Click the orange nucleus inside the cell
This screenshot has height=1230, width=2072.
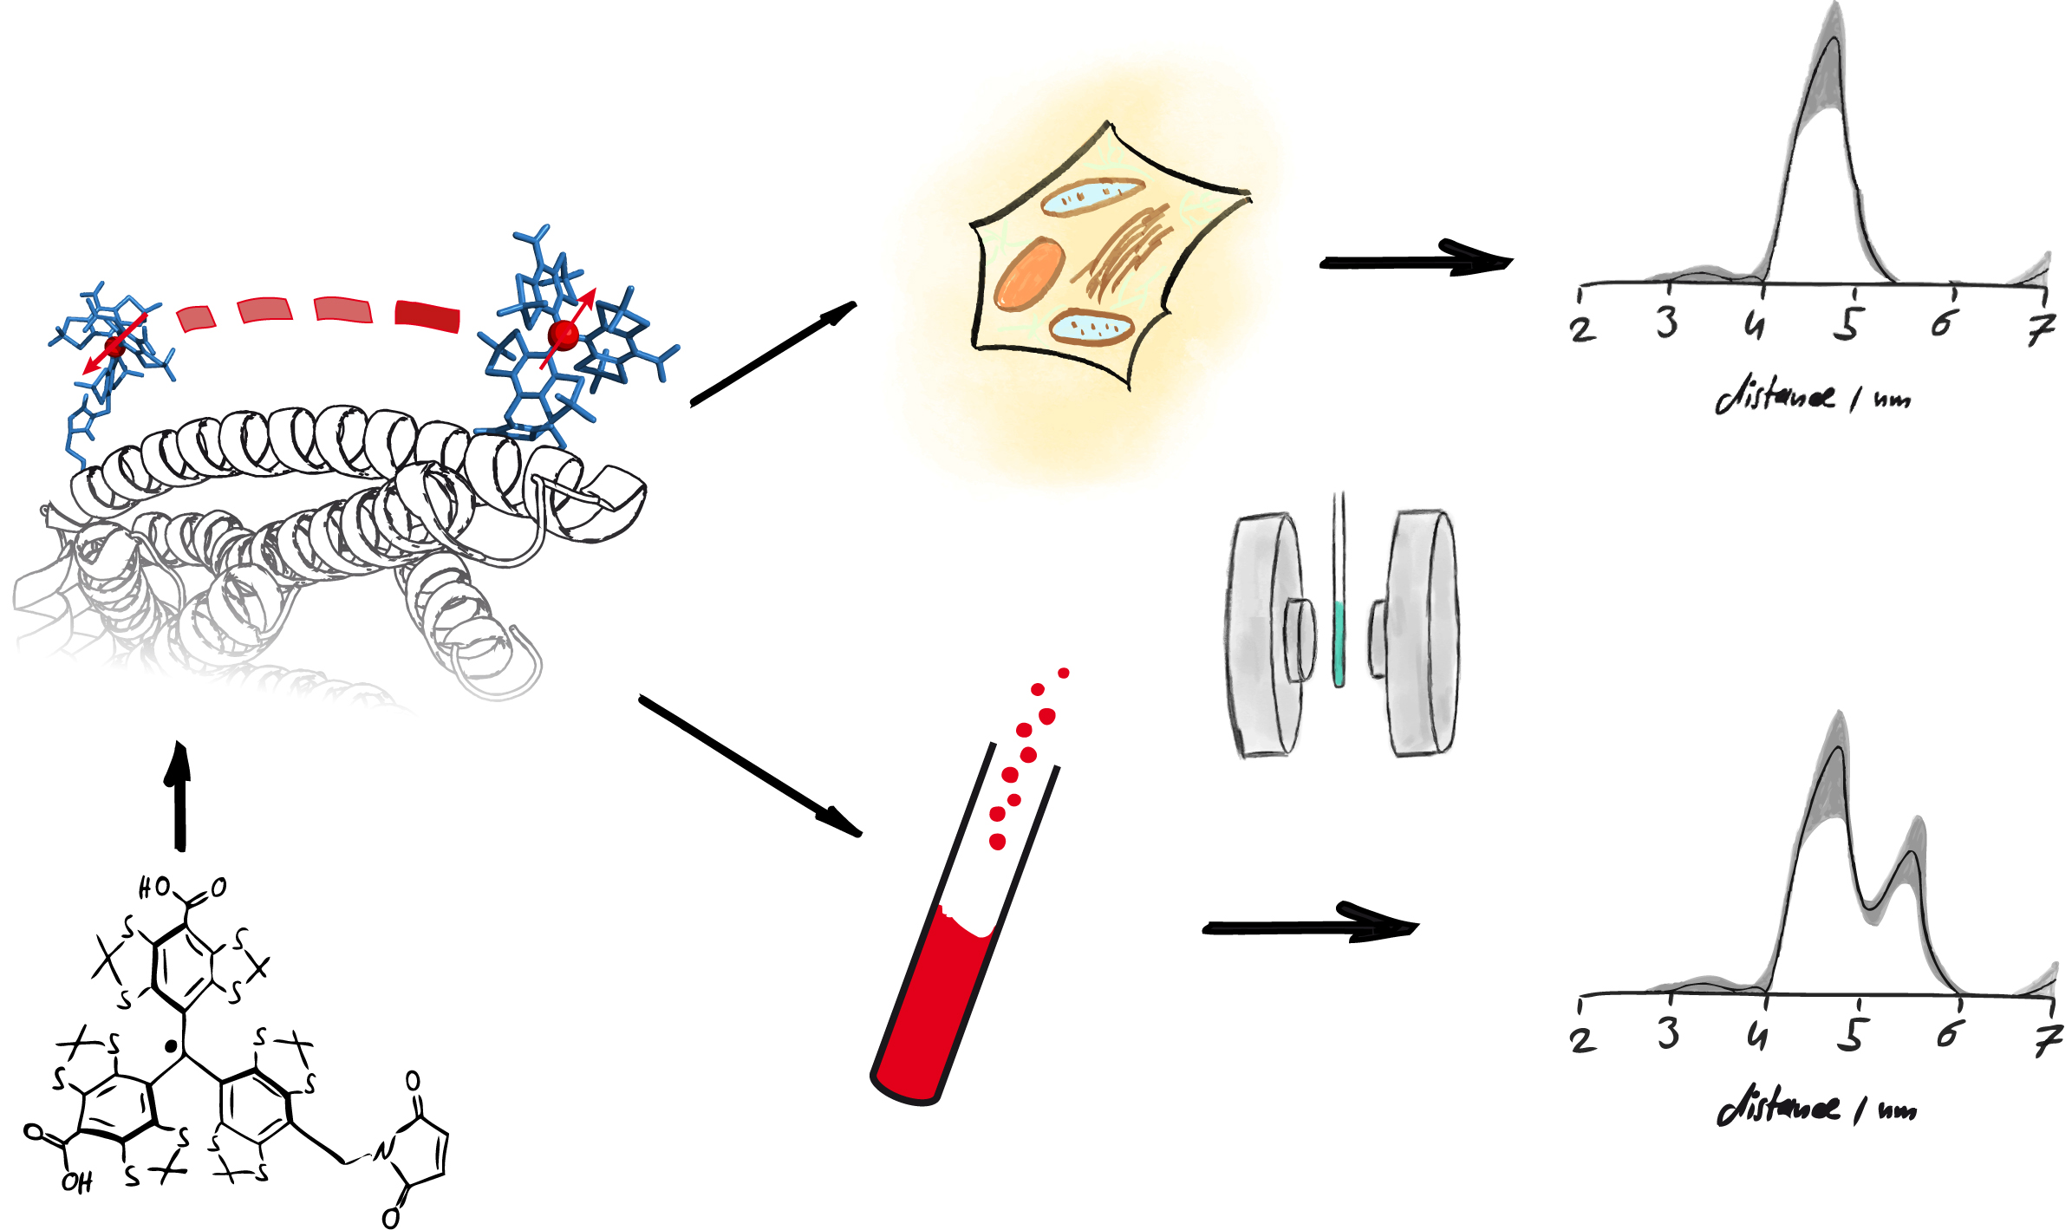1029,274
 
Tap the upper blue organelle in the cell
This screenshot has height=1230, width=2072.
1091,197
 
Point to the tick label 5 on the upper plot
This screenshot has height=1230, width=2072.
1848,324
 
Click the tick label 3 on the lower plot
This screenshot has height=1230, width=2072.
1668,1033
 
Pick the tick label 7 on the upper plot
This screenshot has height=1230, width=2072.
2042,329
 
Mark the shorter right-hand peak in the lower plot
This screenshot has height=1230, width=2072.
1911,854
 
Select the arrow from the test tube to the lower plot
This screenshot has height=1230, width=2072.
1309,927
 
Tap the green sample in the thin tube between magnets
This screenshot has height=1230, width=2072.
1339,641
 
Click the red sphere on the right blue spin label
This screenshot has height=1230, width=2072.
564,334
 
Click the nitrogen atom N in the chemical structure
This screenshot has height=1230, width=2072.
382,1150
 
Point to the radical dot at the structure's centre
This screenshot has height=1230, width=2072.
171,1046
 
